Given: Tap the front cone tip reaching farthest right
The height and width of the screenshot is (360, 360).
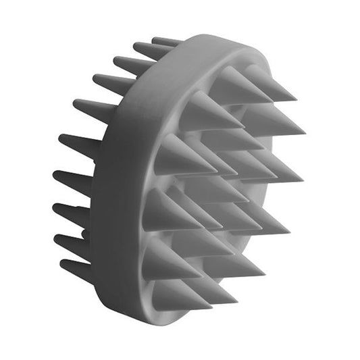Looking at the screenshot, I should [x=303, y=132].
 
